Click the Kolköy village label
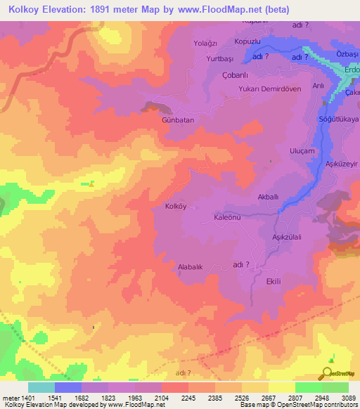point(175,207)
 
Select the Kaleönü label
point(227,219)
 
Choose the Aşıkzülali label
point(287,238)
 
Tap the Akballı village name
point(271,197)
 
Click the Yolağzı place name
point(206,43)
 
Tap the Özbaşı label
point(347,55)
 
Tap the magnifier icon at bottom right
point(327,373)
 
